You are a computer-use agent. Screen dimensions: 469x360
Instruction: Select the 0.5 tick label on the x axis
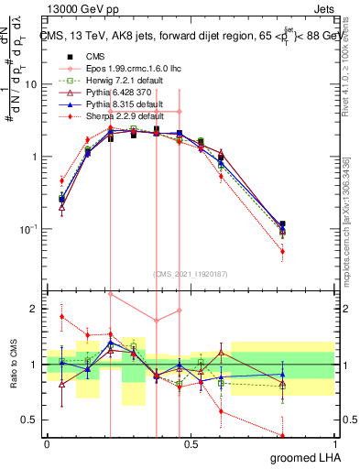point(191,443)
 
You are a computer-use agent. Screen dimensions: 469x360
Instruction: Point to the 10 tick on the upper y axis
point(34,84)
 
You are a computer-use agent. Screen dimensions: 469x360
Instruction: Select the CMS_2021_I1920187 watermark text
point(191,273)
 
